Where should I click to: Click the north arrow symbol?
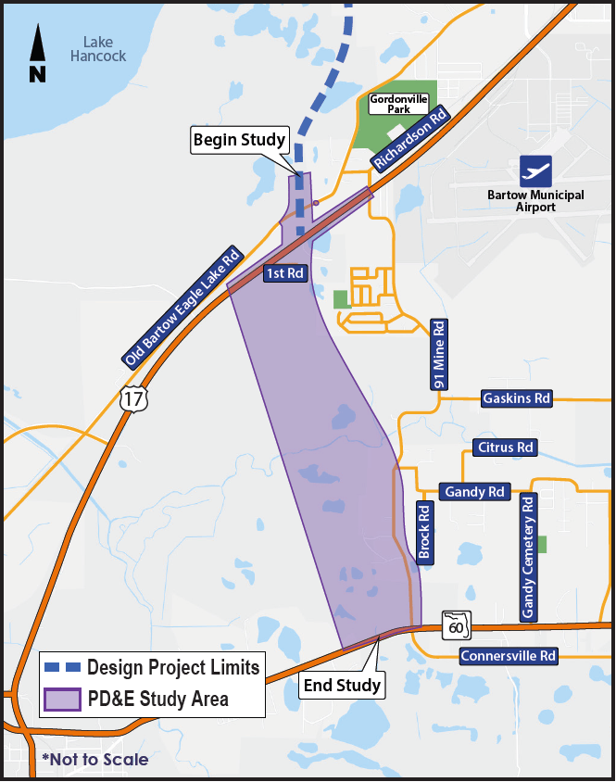click(x=37, y=55)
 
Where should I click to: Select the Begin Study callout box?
click(x=240, y=140)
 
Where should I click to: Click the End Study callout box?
click(x=342, y=686)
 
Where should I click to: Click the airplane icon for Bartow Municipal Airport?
click(x=535, y=170)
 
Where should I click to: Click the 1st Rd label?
click(x=284, y=273)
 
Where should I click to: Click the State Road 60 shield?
click(x=457, y=625)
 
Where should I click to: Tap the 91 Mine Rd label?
click(x=439, y=354)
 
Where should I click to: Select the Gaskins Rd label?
click(x=516, y=398)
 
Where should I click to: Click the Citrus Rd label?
click(x=504, y=448)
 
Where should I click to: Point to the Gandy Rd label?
click(x=473, y=491)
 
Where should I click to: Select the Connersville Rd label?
click(x=509, y=656)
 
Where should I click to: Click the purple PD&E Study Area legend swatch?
click(x=62, y=699)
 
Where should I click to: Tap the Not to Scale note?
click(x=94, y=760)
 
